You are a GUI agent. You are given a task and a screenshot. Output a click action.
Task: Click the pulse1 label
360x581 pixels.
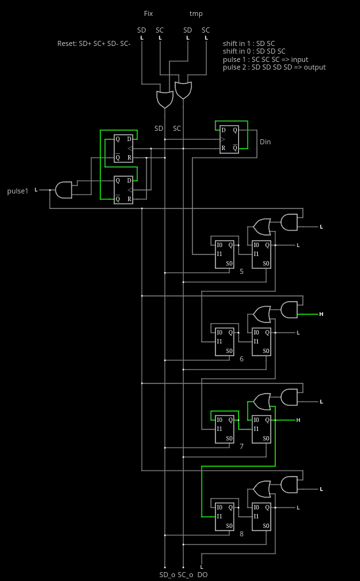18,191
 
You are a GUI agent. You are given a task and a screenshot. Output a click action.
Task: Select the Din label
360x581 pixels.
265,142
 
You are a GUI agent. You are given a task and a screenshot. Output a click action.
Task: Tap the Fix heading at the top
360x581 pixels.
148,13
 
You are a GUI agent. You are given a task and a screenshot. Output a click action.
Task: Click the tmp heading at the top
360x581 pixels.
196,14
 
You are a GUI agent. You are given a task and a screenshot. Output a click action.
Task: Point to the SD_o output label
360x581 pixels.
167,575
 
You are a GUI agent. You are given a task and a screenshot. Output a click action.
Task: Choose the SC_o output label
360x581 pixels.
185,575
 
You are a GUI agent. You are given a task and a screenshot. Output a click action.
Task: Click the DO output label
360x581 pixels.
202,575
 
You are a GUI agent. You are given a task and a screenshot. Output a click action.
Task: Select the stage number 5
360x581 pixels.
241,271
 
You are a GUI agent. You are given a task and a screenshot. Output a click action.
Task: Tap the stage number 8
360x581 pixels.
241,534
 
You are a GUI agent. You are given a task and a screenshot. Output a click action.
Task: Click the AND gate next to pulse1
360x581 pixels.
64,190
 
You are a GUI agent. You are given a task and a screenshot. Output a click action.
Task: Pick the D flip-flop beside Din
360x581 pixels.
230,139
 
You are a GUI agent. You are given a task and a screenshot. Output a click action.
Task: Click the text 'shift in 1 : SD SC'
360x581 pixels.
249,43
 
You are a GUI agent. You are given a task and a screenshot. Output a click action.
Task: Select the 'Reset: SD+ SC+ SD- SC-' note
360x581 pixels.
94,43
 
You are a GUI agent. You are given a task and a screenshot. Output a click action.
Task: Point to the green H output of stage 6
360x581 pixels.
321,314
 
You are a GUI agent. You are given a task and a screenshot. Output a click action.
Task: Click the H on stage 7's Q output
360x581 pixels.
298,420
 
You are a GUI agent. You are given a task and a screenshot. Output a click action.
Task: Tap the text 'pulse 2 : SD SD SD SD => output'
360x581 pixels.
274,68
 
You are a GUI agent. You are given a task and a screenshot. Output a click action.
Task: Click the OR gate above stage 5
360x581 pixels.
262,227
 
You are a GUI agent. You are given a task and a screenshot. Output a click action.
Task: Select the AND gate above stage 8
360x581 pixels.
289,485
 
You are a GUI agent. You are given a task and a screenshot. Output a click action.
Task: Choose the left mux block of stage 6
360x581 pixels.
225,342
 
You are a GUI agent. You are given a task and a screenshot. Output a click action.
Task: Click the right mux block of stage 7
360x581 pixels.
262,429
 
